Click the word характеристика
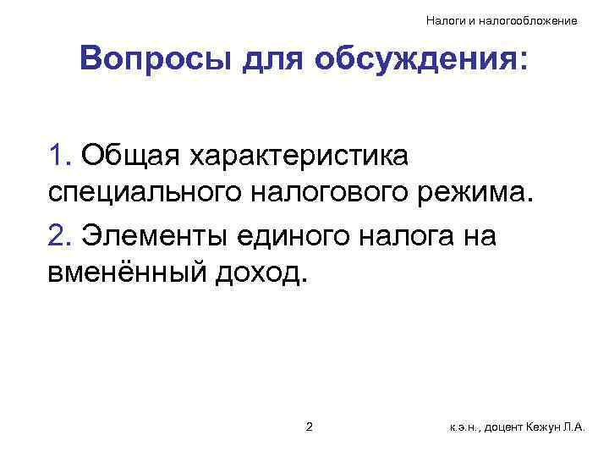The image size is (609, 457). click(x=312, y=157)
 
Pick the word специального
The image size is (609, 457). click(x=143, y=196)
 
